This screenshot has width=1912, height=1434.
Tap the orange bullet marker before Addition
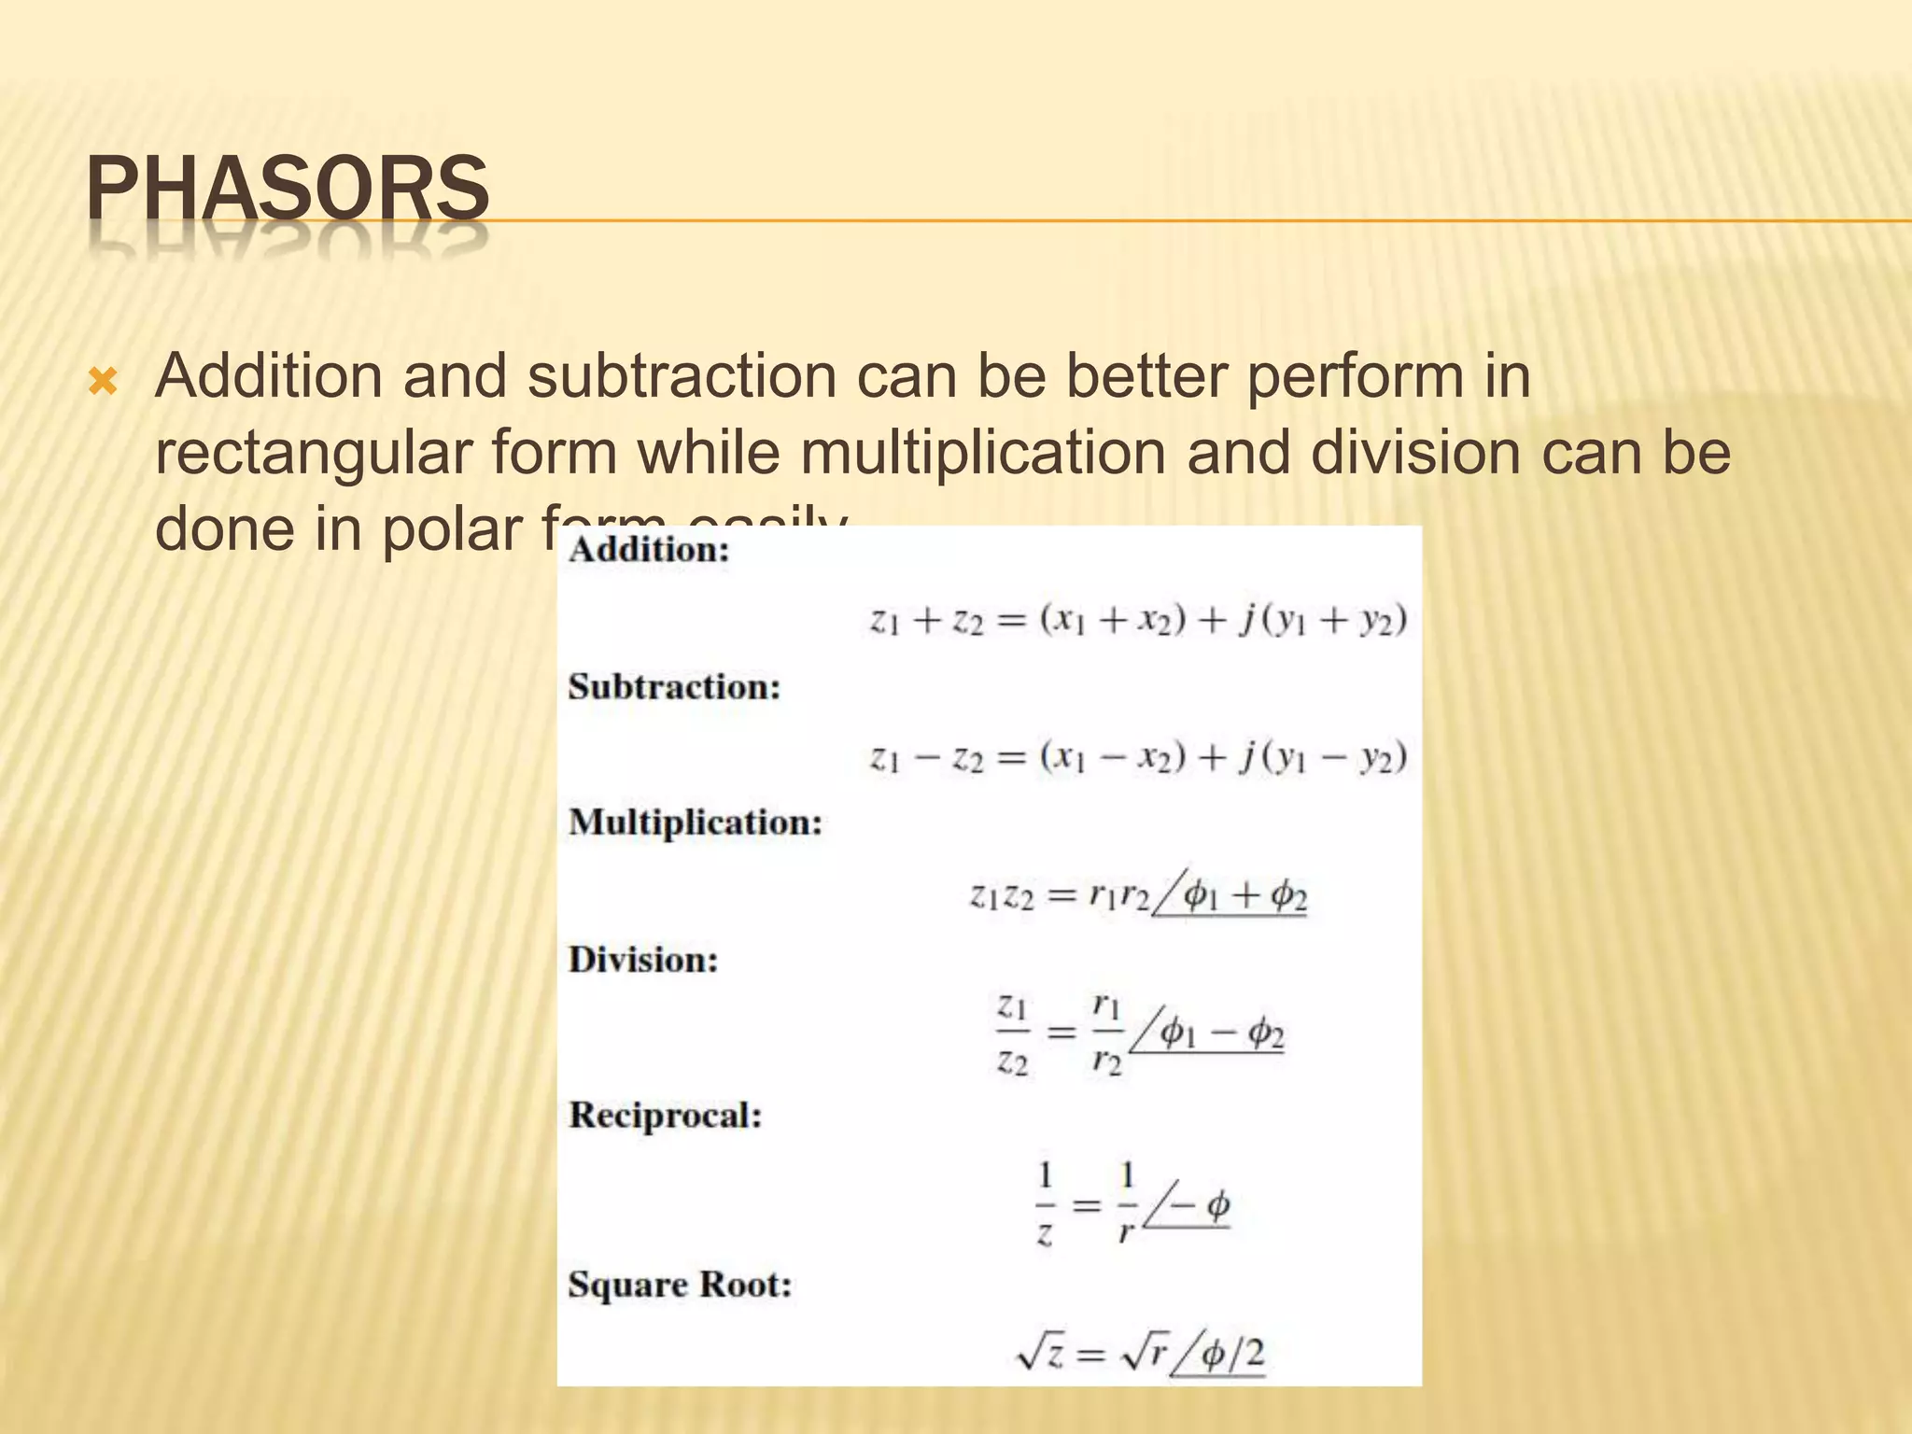102,381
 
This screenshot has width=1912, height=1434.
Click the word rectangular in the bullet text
314,453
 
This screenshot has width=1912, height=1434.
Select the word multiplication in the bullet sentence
983,453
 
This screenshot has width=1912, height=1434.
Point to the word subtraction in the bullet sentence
682,376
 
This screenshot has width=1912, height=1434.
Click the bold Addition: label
649,550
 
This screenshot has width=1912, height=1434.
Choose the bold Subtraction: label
674,687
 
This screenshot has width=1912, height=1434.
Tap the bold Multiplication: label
696,822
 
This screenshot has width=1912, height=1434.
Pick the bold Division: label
643,960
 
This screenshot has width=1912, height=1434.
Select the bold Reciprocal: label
666,1115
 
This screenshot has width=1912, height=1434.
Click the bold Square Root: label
680,1285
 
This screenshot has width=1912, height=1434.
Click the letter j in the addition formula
1246,621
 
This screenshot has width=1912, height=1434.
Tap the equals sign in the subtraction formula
1011,757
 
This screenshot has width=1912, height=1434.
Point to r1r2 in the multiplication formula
1118,896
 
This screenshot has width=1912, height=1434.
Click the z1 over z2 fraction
1012,1034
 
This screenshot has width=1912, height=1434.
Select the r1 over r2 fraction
1106,1034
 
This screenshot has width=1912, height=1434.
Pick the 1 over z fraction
1046,1204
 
